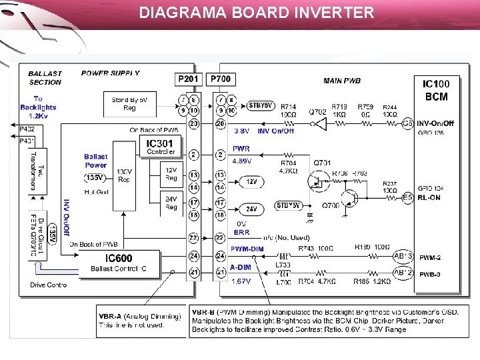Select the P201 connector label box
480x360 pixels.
pos(188,79)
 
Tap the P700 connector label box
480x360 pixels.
pos(221,79)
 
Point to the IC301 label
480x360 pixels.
pos(159,143)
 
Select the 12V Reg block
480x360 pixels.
pos(171,174)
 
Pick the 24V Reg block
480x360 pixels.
pos(171,204)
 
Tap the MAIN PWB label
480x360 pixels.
pos(342,81)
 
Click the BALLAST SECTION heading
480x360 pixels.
pos(45,77)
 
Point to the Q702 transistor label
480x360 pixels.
pos(317,112)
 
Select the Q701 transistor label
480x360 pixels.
pos(322,162)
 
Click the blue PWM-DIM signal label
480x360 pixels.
pos(247,249)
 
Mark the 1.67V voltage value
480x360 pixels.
pos(241,281)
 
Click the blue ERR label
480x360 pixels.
pos(242,233)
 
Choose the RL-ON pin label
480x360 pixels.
pos(429,197)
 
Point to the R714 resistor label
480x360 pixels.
pos(288,107)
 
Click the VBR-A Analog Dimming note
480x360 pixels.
pos(140,321)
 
